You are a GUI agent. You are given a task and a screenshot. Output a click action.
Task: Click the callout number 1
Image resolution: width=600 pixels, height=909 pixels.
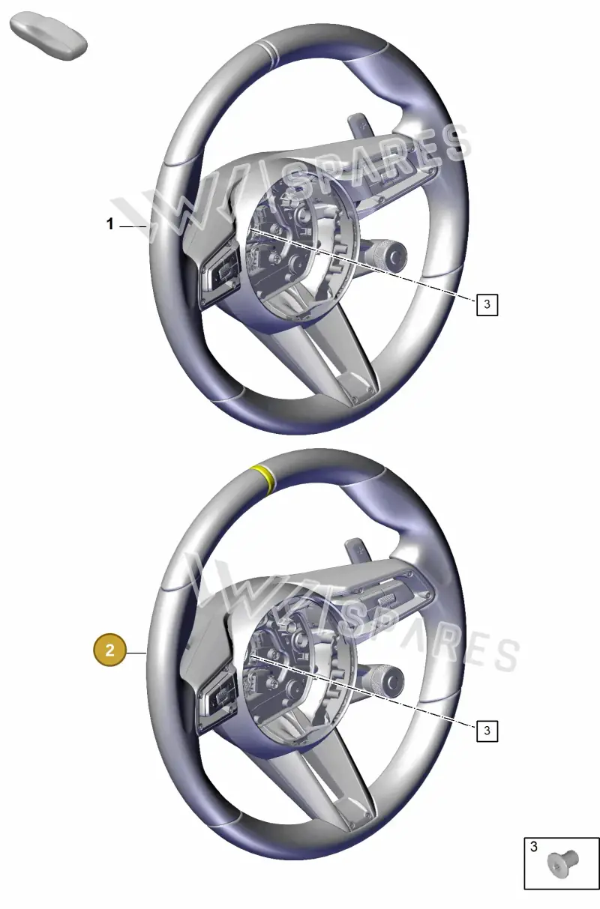point(109,223)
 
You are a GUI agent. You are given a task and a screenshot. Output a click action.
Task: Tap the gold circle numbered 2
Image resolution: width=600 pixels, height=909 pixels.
point(109,650)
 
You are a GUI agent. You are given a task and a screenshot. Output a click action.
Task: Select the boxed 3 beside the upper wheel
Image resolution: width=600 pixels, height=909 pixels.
point(487,304)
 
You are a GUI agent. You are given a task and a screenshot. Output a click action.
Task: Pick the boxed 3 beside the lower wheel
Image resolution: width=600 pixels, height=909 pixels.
point(487,731)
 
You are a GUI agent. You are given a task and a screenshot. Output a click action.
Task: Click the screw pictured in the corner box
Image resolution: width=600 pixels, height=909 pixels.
point(562,863)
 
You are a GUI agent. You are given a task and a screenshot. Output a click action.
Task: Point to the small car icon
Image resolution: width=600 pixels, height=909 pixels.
point(48,36)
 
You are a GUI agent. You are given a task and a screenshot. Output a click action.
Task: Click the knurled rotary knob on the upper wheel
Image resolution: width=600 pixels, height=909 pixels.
point(386,255)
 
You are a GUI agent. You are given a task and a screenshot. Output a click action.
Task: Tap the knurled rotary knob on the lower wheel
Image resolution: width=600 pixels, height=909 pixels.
point(383,681)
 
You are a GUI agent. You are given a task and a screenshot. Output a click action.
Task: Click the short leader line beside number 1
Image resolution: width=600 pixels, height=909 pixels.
point(133,226)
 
